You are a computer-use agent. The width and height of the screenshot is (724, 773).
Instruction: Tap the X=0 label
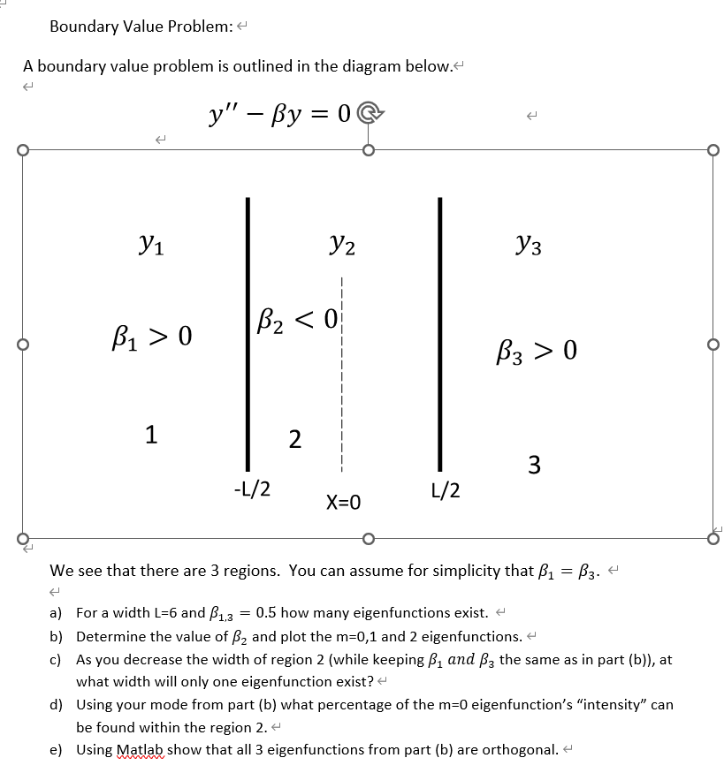(x=343, y=504)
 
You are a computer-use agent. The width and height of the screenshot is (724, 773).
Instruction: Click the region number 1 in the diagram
(x=152, y=434)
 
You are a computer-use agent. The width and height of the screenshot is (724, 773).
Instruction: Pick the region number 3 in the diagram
(x=534, y=464)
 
